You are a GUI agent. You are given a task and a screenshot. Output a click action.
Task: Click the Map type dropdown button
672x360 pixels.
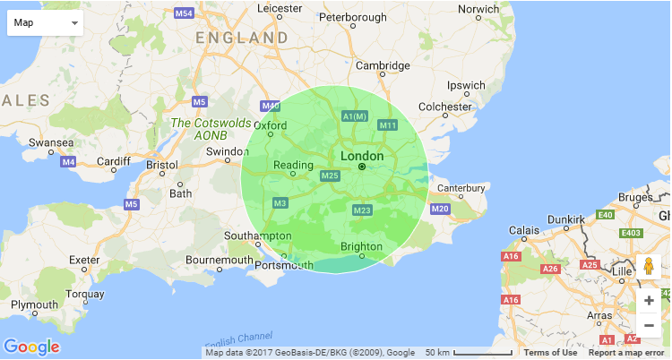tap(45, 21)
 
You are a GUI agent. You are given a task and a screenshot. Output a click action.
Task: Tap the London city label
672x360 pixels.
tap(362, 156)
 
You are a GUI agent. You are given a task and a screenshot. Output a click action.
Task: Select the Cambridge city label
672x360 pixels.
tap(383, 65)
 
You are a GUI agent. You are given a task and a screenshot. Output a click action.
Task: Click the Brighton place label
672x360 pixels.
tap(362, 247)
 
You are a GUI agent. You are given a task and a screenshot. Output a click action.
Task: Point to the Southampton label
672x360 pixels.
tap(261, 236)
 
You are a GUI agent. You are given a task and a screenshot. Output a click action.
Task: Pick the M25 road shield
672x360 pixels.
tap(330, 176)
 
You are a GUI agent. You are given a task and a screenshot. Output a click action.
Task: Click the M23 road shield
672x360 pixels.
tap(362, 210)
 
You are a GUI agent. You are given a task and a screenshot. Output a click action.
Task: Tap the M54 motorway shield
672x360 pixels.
tap(184, 13)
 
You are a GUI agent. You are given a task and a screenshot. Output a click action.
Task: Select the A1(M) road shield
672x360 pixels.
tap(356, 116)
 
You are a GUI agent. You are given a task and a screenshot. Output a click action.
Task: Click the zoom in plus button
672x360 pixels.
tap(649, 301)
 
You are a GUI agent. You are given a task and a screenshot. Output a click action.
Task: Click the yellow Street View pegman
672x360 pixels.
tap(649, 267)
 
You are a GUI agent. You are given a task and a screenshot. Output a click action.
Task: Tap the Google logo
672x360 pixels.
tap(31, 347)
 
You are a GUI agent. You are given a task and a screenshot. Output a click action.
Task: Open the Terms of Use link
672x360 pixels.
tap(550, 353)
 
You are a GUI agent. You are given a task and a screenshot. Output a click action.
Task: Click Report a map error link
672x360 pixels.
tap(628, 353)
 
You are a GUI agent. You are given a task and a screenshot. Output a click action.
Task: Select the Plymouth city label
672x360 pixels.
tap(34, 305)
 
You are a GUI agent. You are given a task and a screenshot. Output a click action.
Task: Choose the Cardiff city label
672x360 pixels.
tap(114, 161)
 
